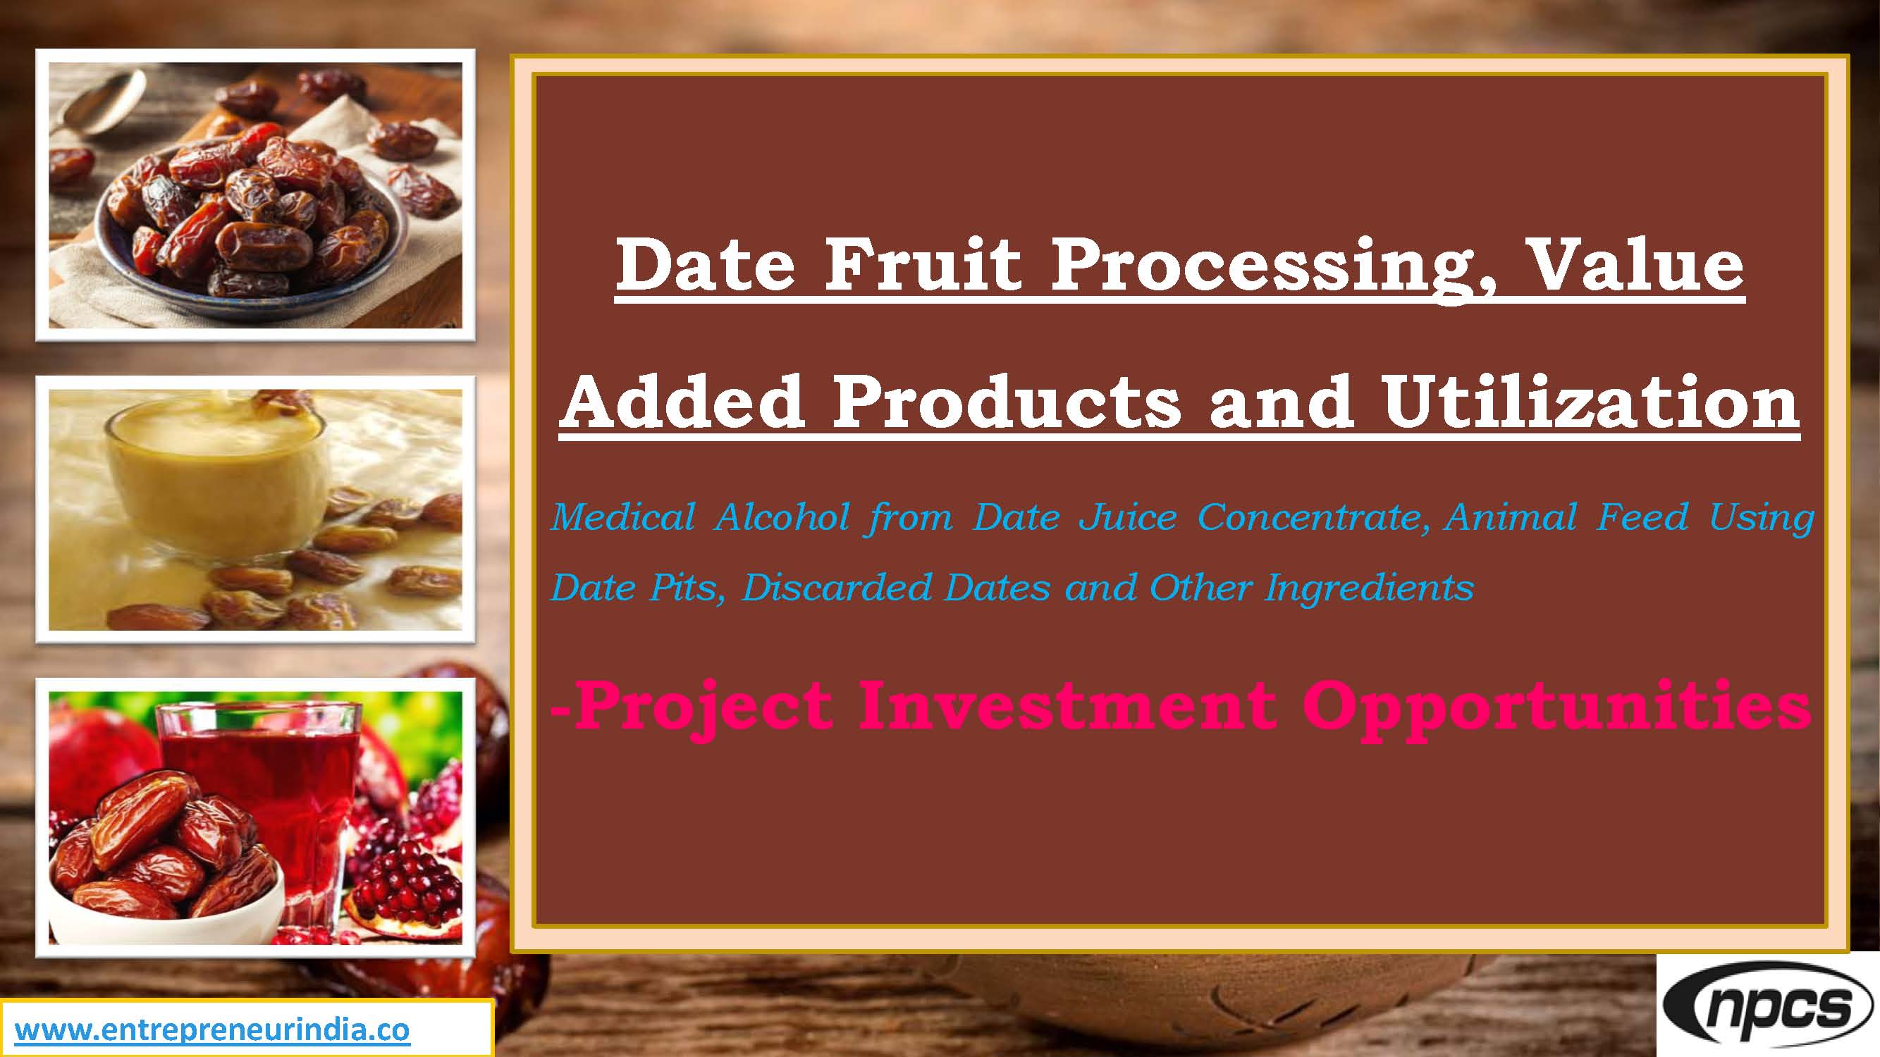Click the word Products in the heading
1007,402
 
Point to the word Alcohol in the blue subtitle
782,518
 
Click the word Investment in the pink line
1067,706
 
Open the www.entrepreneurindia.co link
211,1030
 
